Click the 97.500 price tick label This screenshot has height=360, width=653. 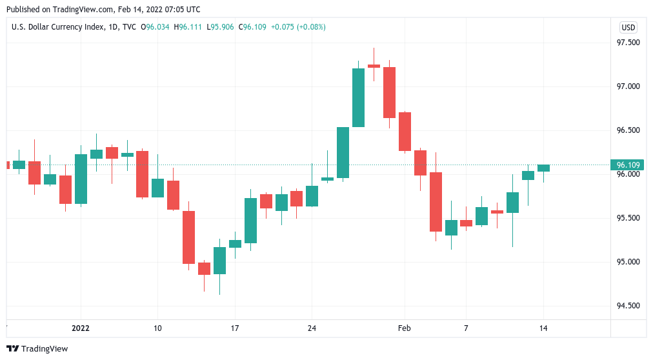(x=628, y=43)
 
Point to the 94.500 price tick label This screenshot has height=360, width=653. (x=628, y=306)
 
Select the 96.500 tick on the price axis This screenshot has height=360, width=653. (x=628, y=130)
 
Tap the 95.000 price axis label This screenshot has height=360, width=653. (x=628, y=262)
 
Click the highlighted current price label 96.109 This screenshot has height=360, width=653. (x=628, y=165)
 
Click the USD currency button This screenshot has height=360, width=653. (x=628, y=27)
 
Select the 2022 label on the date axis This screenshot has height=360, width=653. (x=81, y=328)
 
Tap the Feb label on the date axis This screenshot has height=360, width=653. (x=404, y=328)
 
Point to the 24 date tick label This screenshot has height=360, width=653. (x=312, y=328)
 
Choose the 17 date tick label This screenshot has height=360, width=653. (x=235, y=328)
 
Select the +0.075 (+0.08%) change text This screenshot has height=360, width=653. (x=298, y=27)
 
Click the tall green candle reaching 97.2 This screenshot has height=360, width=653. (x=358, y=97)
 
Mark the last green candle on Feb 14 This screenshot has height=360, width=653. (x=543, y=168)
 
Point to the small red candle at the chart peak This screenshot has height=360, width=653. (x=374, y=66)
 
